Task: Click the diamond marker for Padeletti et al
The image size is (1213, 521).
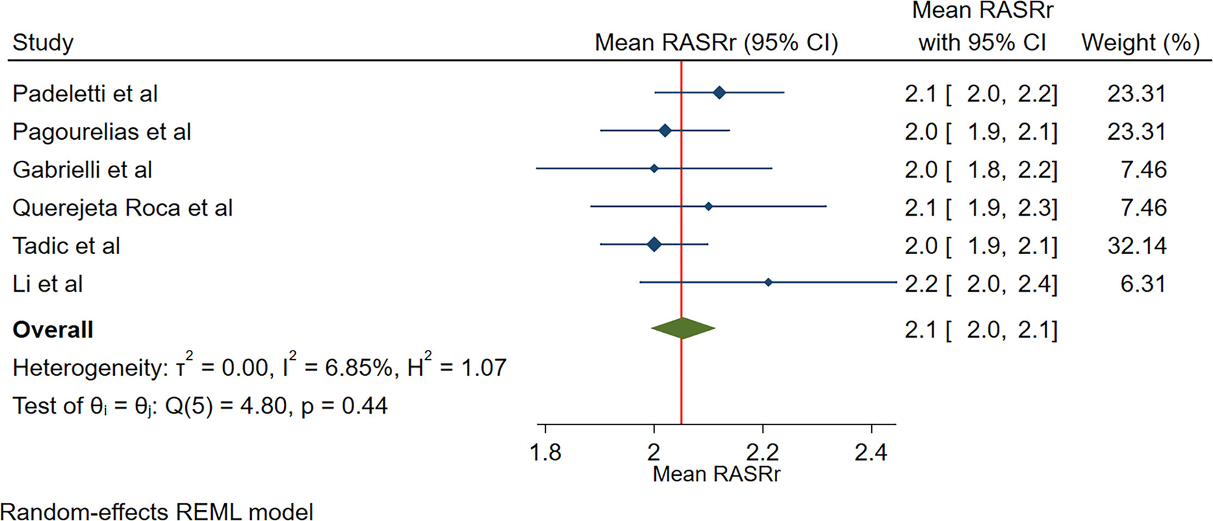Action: pos(719,92)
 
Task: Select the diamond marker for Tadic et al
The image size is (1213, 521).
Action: pos(654,244)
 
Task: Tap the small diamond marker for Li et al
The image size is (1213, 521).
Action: pos(768,282)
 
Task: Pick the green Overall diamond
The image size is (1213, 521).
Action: pos(682,328)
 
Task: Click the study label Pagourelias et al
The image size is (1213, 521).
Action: pos(101,131)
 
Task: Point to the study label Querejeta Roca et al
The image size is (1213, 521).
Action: pos(123,207)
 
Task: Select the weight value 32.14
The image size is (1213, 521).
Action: pos(1136,245)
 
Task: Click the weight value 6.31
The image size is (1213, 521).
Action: pos(1142,283)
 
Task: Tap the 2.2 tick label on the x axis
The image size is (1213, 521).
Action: pos(763,453)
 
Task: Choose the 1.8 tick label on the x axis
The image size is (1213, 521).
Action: pos(545,453)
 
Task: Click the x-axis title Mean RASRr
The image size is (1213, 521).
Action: pos(716,474)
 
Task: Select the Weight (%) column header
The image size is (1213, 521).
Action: pos(1140,42)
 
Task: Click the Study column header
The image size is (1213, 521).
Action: pos(42,42)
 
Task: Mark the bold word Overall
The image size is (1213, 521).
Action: pos(53,329)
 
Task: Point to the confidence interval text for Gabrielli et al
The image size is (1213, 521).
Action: pos(980,169)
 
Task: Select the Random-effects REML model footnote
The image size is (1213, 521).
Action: pos(157,511)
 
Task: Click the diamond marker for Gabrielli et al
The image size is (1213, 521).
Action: pos(654,168)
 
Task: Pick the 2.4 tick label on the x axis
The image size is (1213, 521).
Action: pos(871,453)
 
